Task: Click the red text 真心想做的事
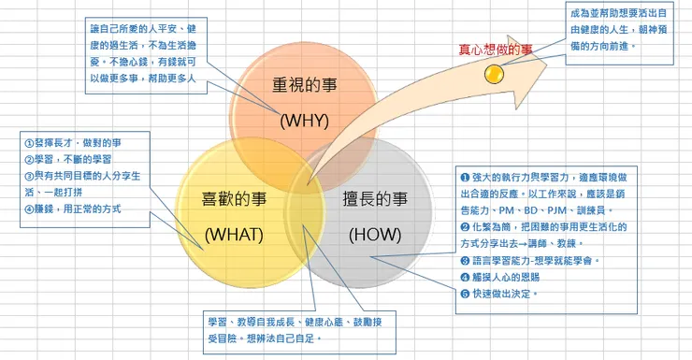pyautogui.click(x=495, y=50)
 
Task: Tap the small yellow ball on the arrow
pyautogui.click(x=493, y=71)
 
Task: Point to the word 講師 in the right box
pyautogui.click(x=565, y=243)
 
